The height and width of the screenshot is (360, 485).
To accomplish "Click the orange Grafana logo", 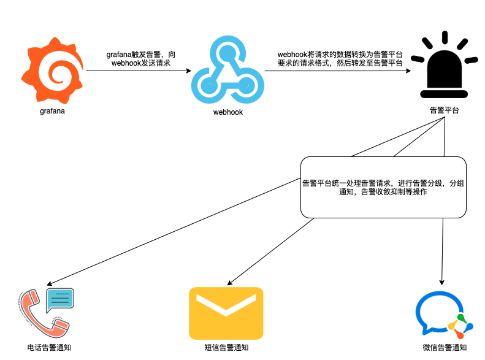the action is (x=52, y=71).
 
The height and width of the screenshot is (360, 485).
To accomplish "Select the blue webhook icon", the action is (x=227, y=69).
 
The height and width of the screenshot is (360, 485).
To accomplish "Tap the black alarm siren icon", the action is (x=444, y=64).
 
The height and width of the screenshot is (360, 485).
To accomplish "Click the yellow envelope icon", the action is (x=226, y=313).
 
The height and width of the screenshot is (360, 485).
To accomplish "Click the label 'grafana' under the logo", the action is (x=52, y=111).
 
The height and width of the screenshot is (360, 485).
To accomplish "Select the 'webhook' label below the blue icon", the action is (x=228, y=112).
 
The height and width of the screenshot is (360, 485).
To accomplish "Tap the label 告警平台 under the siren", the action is (x=445, y=110).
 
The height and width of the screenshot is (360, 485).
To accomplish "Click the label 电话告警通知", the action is (x=49, y=348).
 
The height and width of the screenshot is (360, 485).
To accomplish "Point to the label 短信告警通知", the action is (x=226, y=348).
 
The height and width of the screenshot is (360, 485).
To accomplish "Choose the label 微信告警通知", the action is (x=445, y=348).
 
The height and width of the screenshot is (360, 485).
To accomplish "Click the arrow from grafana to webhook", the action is (x=139, y=71).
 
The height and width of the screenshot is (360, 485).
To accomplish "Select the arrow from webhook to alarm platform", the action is (x=338, y=71).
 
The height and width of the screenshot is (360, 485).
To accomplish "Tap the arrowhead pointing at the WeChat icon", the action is (x=441, y=282).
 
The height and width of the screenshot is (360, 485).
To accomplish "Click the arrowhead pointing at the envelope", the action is (x=229, y=283).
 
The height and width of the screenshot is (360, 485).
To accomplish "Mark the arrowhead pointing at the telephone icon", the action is (x=50, y=283).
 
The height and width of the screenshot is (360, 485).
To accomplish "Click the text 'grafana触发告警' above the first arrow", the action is (x=133, y=55).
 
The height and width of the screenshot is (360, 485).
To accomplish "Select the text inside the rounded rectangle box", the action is (x=383, y=188).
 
